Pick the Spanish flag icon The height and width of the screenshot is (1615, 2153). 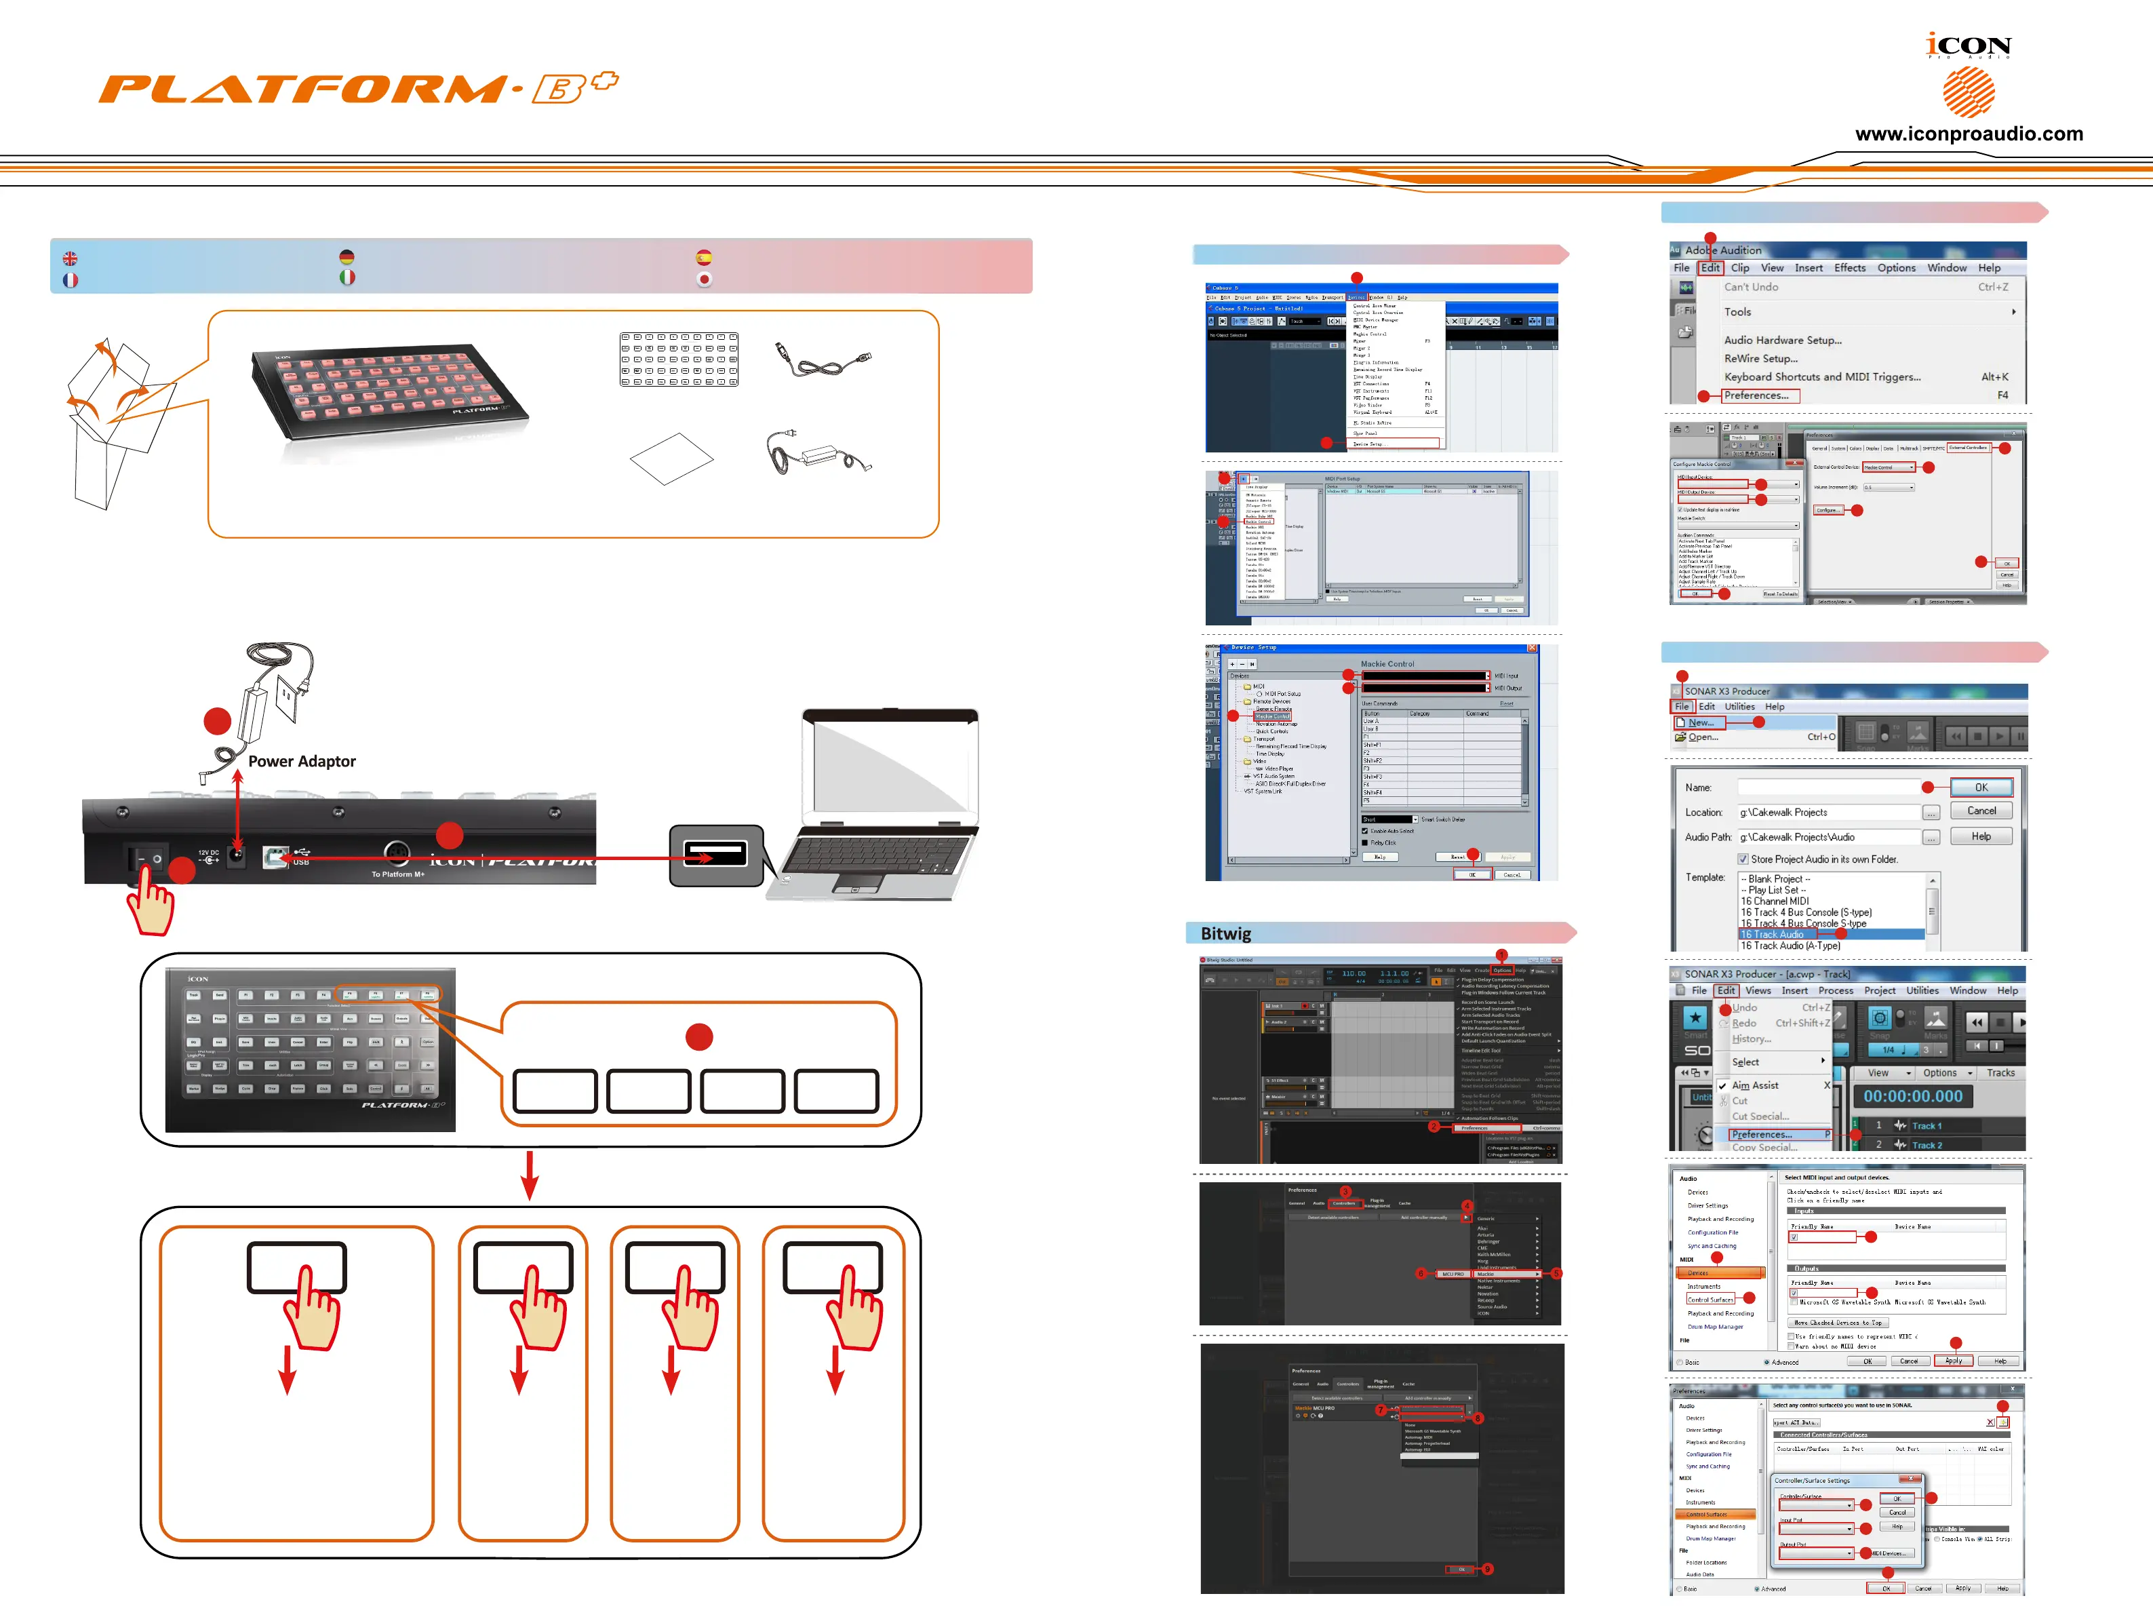[704, 257]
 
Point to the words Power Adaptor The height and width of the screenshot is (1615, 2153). [302, 761]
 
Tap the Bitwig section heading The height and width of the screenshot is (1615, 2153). [1225, 933]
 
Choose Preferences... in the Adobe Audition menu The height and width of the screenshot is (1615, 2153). [1757, 396]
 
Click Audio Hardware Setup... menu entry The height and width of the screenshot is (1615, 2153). [1782, 340]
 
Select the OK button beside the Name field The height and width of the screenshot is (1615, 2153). [1981, 787]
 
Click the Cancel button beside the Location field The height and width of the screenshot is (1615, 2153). [1981, 811]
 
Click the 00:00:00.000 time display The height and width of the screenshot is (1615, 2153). [1912, 1096]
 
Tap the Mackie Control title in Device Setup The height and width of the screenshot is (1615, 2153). [1387, 664]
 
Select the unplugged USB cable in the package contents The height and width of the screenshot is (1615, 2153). [823, 362]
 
